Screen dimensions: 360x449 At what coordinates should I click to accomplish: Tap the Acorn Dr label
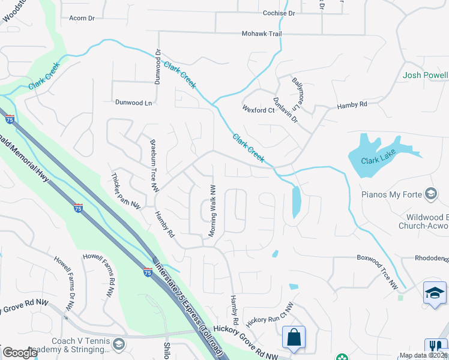82,19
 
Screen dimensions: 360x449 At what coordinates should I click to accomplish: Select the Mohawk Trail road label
262,34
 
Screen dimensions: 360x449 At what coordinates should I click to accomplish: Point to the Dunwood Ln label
134,103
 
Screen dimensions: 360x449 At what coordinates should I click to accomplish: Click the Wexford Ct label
258,110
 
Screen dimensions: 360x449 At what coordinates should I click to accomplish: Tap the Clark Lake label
376,160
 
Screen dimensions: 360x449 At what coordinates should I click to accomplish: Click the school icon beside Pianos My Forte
430,194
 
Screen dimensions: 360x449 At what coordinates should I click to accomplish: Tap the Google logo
20,353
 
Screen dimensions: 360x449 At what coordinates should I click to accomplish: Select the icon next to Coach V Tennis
118,344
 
